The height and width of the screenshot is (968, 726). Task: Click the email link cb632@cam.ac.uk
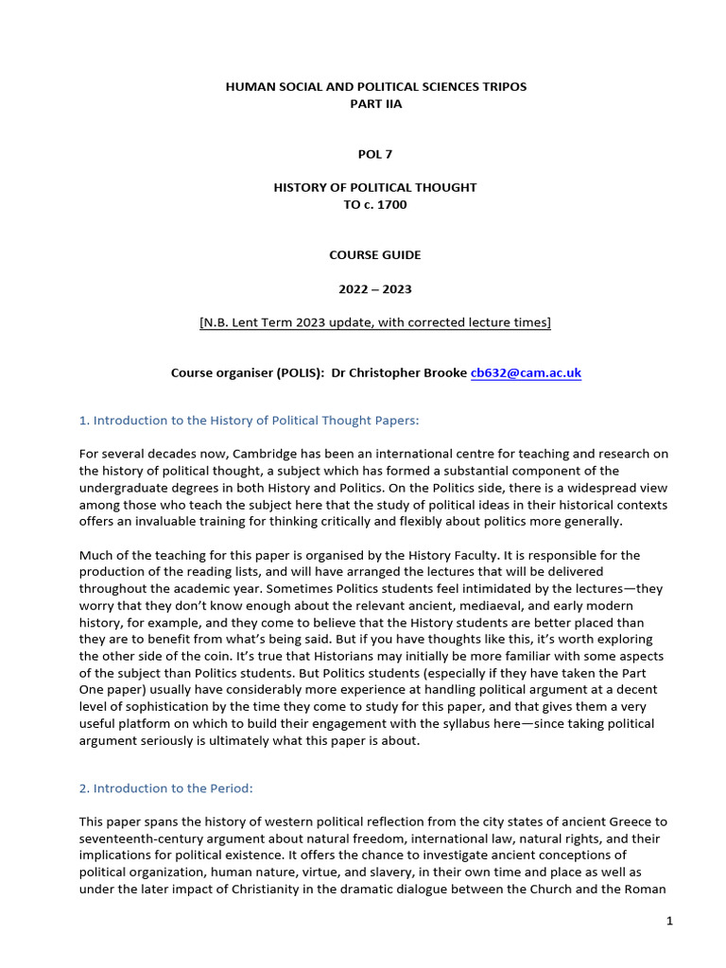click(x=526, y=373)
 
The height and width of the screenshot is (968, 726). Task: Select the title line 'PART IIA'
click(x=375, y=104)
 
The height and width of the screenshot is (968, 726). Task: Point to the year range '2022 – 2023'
click(x=375, y=288)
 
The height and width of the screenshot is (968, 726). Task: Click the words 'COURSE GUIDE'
click(x=375, y=254)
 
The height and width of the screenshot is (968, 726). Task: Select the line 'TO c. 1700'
click(x=375, y=204)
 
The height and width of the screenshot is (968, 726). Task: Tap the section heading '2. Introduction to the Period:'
click(x=166, y=788)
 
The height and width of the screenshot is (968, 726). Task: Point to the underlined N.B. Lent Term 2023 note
click(x=375, y=322)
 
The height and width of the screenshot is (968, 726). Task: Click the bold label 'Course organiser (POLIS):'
click(x=248, y=373)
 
